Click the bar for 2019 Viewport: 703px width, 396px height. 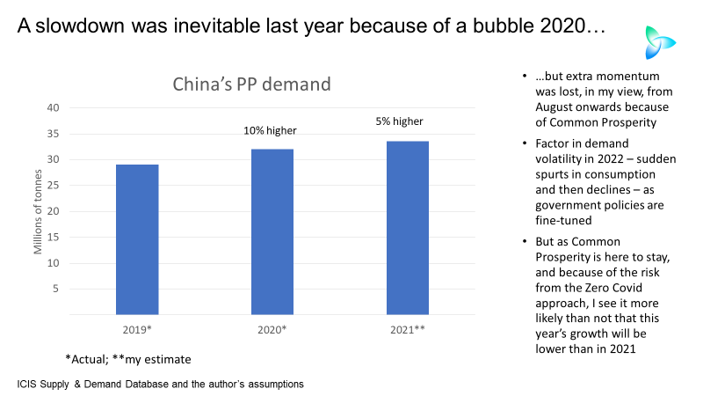[137, 239]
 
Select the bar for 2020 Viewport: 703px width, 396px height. [272, 231]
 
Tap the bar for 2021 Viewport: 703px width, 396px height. [408, 228]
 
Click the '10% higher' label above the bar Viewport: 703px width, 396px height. [270, 131]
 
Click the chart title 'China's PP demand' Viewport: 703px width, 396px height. [250, 85]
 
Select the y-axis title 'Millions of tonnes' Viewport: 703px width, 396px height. [38, 211]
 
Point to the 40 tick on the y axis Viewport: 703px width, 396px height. [52, 108]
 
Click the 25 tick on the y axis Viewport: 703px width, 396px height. [52, 186]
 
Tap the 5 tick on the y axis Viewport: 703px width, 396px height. [54, 289]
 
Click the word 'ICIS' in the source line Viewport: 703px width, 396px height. [29, 385]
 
